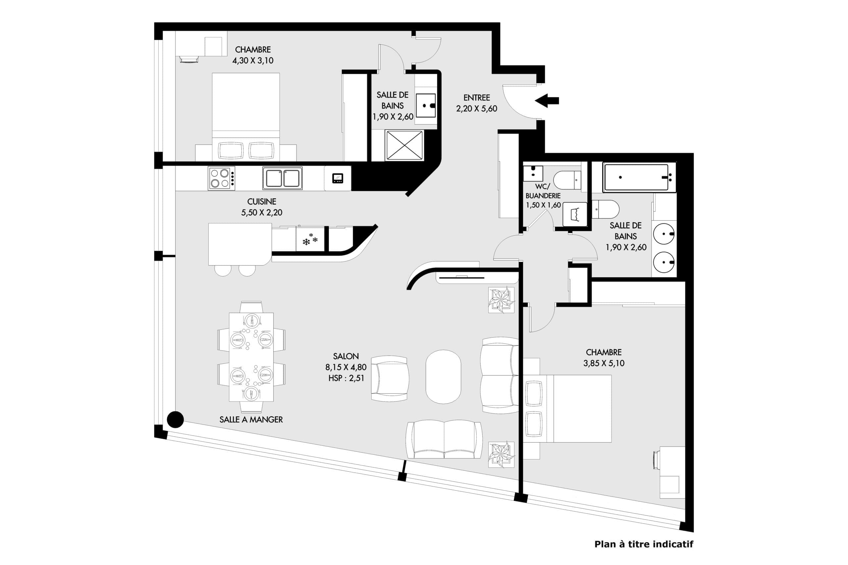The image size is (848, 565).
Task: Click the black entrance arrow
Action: point(547,101)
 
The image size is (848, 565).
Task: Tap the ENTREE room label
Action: point(477,98)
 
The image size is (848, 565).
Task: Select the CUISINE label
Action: point(262,202)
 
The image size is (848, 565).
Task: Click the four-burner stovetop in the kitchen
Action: point(221,178)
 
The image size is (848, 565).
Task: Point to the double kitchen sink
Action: point(282,178)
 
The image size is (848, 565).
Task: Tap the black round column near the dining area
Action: point(175,419)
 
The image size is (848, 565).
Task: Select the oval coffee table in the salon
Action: point(443,377)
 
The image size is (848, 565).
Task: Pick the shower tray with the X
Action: point(404,145)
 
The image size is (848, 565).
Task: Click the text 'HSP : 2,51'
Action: point(346,378)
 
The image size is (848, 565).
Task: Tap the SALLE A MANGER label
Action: point(251,419)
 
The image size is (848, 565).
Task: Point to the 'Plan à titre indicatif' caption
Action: point(644,544)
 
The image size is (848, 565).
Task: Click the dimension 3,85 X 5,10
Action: point(604,363)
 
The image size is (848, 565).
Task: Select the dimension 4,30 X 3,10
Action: point(253,60)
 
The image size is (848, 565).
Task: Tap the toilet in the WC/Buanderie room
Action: point(567,180)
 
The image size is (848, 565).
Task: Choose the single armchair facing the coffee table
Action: point(390,378)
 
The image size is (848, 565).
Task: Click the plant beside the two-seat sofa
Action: point(501,454)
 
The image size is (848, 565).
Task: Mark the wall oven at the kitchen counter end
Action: point(338,178)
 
